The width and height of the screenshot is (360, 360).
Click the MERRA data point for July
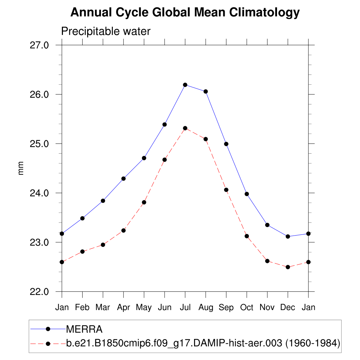185,85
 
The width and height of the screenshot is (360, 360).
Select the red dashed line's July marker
185,128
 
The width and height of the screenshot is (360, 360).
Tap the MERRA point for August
206,91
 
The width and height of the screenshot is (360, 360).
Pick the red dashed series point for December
288,267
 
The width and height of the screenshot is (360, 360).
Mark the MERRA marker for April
123,179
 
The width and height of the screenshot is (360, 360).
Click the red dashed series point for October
247,236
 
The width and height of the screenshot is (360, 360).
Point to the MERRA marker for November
267,225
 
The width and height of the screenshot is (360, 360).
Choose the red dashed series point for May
144,202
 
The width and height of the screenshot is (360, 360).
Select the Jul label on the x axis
185,307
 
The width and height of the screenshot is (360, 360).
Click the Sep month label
226,307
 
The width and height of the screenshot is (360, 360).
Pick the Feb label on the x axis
82,307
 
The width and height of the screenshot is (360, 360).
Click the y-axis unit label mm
21,168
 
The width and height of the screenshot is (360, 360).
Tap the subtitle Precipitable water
106,31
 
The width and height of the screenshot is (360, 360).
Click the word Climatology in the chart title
264,13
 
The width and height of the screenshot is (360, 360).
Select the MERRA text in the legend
84,329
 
